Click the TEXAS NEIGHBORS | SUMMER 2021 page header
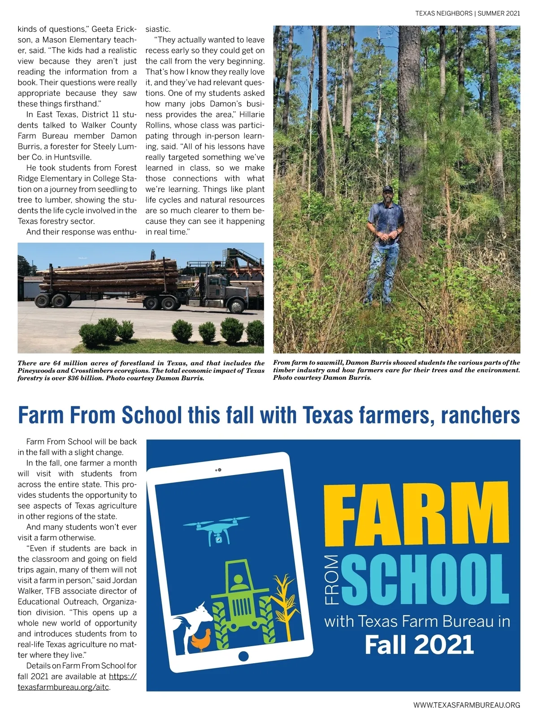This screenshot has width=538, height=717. [467, 13]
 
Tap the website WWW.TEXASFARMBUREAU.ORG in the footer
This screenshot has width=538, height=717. [466, 705]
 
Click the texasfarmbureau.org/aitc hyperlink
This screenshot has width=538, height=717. [63, 687]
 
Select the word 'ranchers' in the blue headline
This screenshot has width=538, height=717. [480, 415]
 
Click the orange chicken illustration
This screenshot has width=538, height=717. [201, 639]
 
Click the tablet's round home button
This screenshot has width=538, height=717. [243, 657]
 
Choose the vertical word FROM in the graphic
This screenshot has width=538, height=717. [332, 580]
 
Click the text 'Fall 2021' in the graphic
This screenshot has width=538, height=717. [419, 644]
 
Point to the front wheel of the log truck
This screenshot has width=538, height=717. [235, 306]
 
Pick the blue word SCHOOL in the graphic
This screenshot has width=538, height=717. [425, 580]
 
